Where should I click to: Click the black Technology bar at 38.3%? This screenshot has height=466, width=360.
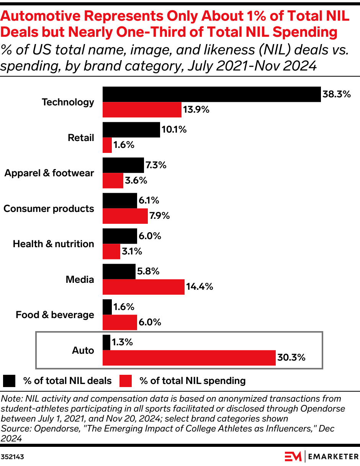pos(211,94)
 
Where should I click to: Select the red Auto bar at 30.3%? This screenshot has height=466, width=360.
pos(189,358)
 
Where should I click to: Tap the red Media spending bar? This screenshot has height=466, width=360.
pos(143,287)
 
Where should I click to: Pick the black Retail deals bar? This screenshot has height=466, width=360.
pos(131,130)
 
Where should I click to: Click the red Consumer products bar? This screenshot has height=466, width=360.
pos(125,216)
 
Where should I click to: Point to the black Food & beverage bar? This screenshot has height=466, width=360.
pos(107,307)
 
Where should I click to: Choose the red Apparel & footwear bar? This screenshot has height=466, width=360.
pos(113,180)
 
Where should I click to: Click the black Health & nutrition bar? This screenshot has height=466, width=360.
pos(119,236)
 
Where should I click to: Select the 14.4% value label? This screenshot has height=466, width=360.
pos(199,287)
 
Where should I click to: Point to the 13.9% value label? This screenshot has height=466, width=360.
pos(196,110)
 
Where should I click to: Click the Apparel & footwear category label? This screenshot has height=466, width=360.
pos(49,173)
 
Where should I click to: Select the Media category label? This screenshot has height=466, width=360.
pos(80,279)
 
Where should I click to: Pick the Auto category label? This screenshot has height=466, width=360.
pos(83,350)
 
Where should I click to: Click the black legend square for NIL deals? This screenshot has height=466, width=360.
pos(9,381)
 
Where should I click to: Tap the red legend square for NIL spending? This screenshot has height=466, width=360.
pos(126,381)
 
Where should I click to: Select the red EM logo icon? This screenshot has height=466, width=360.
pos(293,457)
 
